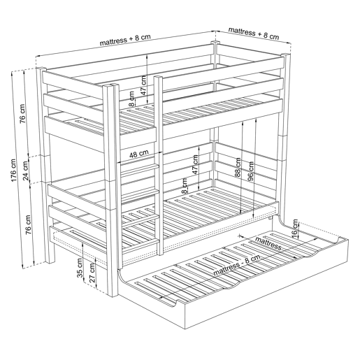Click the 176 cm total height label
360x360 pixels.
click(x=13, y=171)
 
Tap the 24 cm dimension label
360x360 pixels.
click(x=26, y=171)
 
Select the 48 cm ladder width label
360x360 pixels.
click(x=139, y=154)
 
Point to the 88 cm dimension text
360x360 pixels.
click(x=238, y=168)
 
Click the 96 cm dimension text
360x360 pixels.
click(x=251, y=171)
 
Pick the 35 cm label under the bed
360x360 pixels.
click(x=80, y=268)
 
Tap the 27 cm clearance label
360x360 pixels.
click(x=92, y=273)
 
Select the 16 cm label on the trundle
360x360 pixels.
click(x=295, y=229)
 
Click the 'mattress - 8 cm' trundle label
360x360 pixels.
click(x=237, y=265)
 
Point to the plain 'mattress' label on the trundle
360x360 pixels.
click(x=268, y=243)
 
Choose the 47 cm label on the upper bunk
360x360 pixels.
click(x=144, y=85)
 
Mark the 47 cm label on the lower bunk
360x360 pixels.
click(x=195, y=164)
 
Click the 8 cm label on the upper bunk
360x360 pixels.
click(x=132, y=99)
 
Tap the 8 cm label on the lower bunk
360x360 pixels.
click(x=184, y=186)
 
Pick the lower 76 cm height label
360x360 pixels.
click(x=28, y=224)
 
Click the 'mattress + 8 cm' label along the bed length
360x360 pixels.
click(x=125, y=40)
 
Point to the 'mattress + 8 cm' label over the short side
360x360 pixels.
click(x=254, y=34)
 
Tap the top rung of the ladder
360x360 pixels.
click(x=139, y=170)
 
